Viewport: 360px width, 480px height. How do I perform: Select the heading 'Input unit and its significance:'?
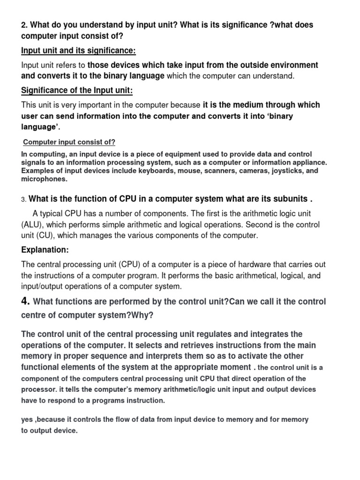pyautogui.click(x=78, y=51)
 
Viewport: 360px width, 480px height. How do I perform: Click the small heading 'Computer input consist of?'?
pyautogui.click(x=69, y=142)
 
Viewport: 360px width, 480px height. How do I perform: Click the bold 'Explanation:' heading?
pyautogui.click(x=45, y=250)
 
